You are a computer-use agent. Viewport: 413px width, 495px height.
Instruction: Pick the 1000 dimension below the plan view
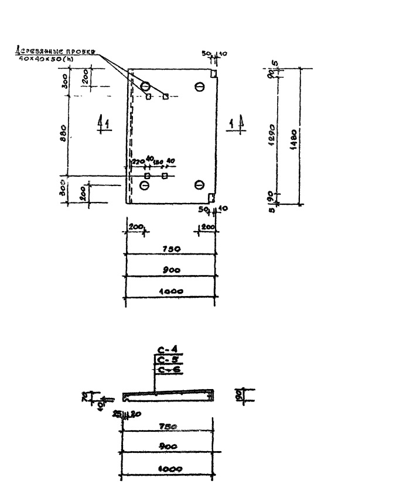[x=172, y=291]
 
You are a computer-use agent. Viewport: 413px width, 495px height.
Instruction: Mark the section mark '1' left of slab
[x=104, y=123]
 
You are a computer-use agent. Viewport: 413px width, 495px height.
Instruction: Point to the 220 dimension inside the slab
[x=137, y=162]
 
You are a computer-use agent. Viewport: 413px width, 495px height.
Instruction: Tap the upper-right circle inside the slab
[x=199, y=87]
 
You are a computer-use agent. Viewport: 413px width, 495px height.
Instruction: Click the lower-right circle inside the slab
[x=199, y=185]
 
